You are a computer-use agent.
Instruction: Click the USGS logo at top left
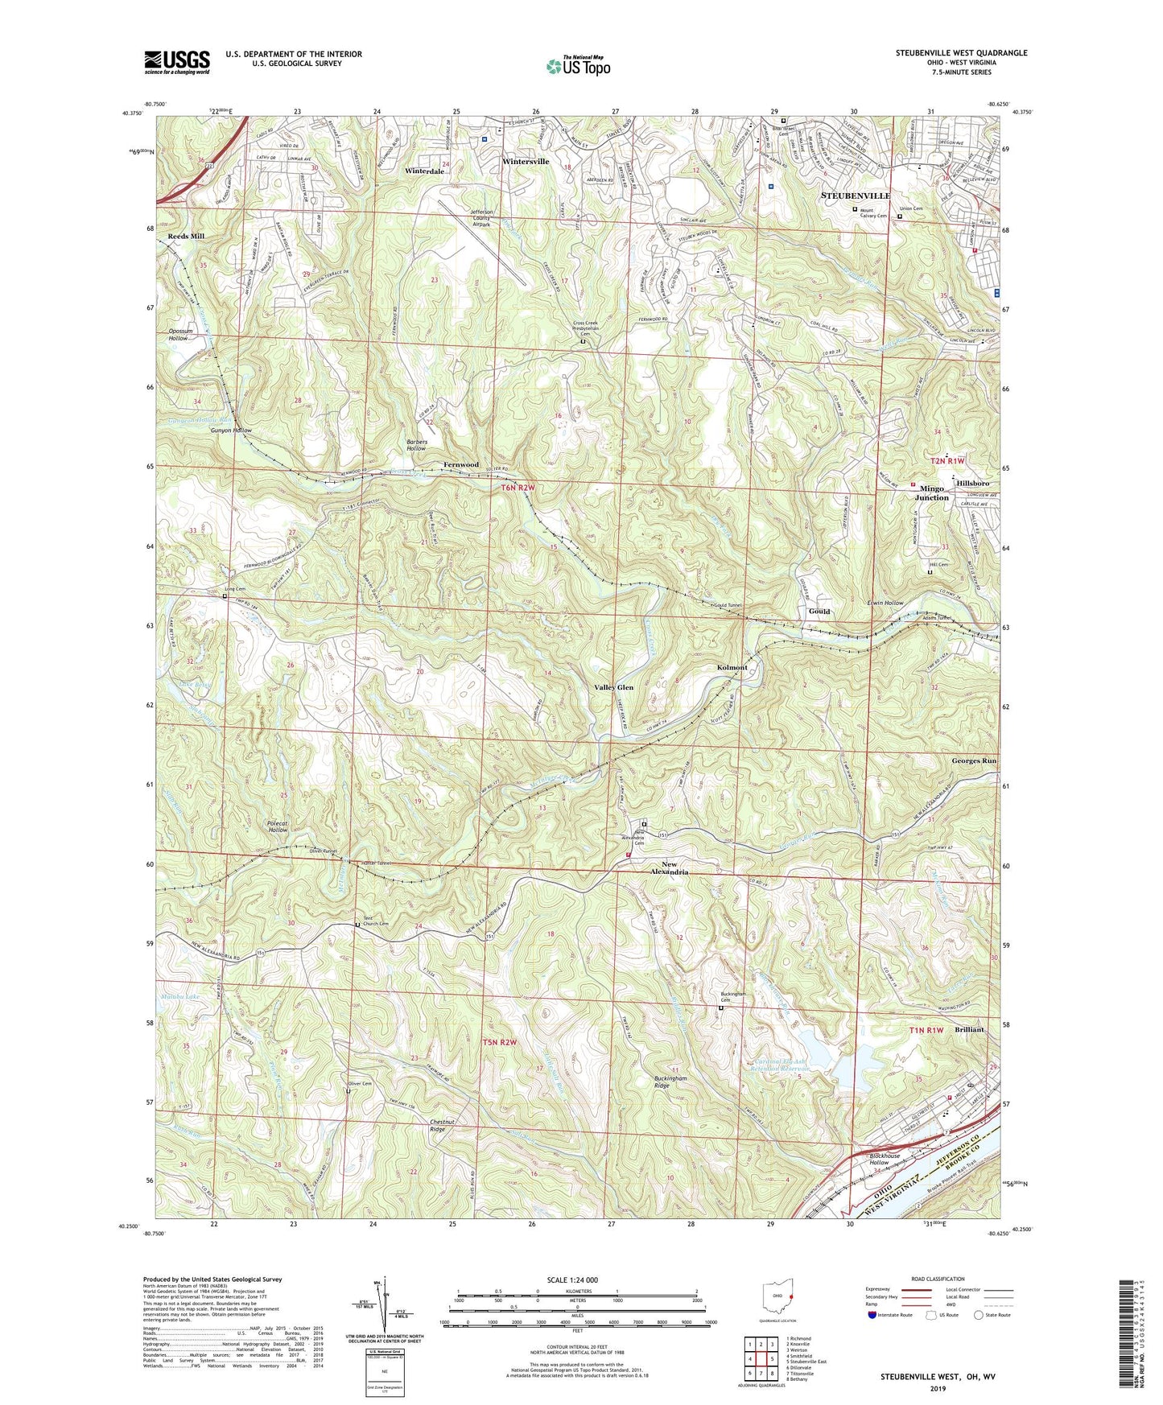[x=177, y=62]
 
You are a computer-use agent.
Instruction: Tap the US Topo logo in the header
[x=578, y=66]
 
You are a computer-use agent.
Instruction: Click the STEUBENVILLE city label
[x=855, y=196]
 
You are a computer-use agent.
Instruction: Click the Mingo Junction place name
[x=931, y=492]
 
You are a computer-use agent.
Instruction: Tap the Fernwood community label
[x=461, y=464]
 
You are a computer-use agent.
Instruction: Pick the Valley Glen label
[x=613, y=687]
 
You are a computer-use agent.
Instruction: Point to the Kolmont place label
[x=732, y=667]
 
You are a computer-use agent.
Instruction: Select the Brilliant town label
[x=969, y=1029]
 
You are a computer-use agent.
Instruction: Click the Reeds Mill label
[x=186, y=236]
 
